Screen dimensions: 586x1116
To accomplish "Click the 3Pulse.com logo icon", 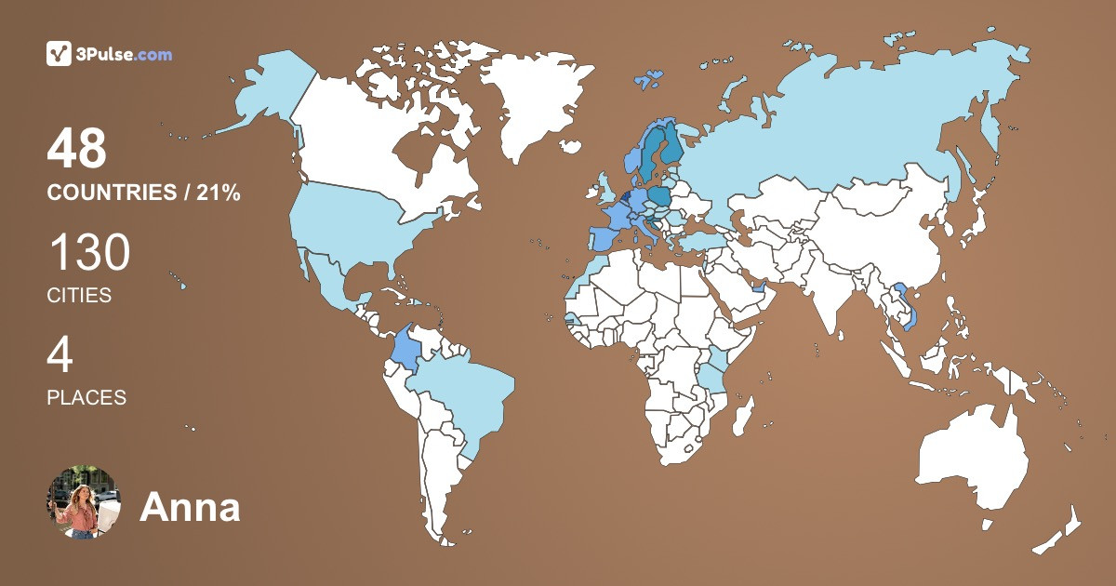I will (60, 54).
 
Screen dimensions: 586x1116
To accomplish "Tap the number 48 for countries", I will (77, 150).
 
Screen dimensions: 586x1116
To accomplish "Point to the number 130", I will (89, 253).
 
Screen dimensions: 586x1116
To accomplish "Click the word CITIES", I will (79, 296).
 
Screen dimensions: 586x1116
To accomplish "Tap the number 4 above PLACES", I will (60, 356).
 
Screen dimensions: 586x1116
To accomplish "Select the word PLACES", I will (86, 398).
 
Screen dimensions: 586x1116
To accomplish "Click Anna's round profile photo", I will (84, 502).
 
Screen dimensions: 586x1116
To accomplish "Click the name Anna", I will (190, 508).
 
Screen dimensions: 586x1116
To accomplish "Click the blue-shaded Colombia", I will (406, 348).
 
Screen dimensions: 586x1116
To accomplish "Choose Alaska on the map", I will (270, 88).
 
